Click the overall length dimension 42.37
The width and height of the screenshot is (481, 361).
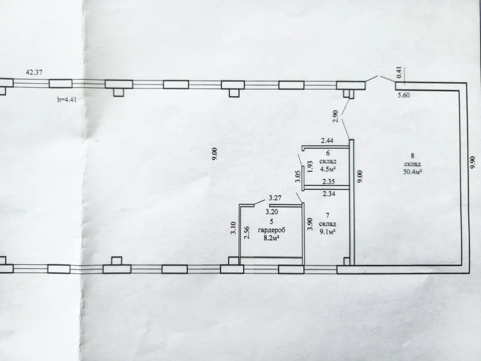[x=34, y=72]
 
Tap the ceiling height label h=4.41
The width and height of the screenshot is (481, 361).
[x=67, y=100]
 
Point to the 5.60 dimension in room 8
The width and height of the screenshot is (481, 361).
[x=404, y=96]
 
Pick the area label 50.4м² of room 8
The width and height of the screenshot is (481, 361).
[x=413, y=171]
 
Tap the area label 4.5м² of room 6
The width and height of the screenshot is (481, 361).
[x=328, y=169]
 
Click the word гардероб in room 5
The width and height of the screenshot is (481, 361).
[x=272, y=231]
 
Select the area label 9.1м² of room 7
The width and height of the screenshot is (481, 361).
[x=328, y=232]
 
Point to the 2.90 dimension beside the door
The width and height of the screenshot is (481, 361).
[x=336, y=116]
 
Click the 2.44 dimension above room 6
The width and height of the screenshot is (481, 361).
[x=327, y=141]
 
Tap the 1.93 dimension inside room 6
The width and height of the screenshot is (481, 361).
[x=310, y=167]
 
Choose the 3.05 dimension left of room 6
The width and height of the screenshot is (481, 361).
[x=298, y=176]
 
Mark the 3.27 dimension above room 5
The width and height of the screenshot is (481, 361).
[x=275, y=198]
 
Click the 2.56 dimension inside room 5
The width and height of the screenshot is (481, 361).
[x=247, y=232]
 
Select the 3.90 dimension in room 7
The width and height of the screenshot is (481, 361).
[x=310, y=224]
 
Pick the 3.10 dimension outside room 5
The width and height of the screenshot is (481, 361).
[x=233, y=228]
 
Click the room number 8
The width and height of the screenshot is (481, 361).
[x=412, y=156]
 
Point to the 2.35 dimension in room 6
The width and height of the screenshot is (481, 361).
[x=328, y=182]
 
